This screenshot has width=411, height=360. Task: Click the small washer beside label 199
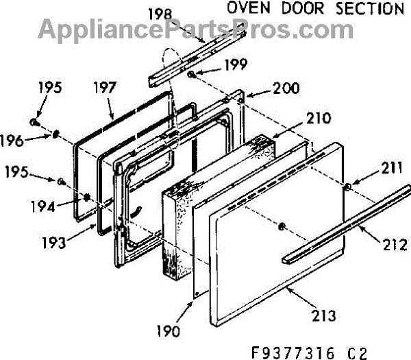point(194,73)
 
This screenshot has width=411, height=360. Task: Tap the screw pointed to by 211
point(349,187)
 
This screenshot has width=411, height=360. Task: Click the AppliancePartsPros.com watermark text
point(186,29)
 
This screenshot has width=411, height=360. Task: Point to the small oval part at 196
point(54,134)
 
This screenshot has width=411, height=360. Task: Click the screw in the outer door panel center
point(282,226)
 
